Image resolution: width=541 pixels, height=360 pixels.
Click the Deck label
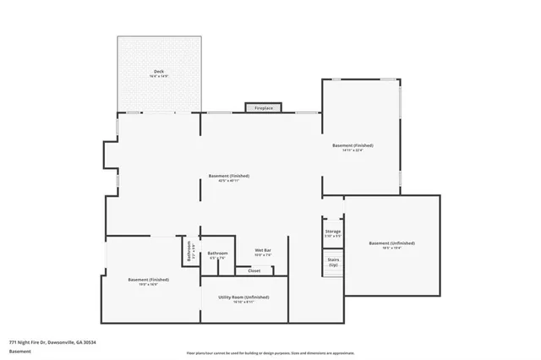pyautogui.click(x=158, y=71)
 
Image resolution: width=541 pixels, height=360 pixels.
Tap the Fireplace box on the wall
pyautogui.click(x=264, y=108)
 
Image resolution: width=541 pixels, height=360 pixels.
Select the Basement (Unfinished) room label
pyautogui.click(x=391, y=243)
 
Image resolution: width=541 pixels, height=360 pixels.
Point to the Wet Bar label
pyautogui.click(x=262, y=250)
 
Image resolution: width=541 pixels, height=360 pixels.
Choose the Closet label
pyautogui.click(x=254, y=270)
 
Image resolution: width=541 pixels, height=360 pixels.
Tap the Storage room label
pyautogui.click(x=333, y=231)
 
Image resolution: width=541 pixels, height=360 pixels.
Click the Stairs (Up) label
pyautogui.click(x=333, y=263)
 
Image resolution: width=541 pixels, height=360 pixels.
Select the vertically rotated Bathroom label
pyautogui.click(x=189, y=251)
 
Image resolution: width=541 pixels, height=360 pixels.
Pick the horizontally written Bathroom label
pyautogui.click(x=218, y=253)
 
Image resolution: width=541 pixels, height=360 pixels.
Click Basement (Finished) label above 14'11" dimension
pyautogui.click(x=352, y=145)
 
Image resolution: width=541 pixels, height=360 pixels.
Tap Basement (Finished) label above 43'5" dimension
pyautogui.click(x=229, y=176)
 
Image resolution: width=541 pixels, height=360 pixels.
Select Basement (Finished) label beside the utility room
pyautogui.click(x=149, y=279)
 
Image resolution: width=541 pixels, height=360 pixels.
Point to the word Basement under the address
pyautogui.click(x=20, y=351)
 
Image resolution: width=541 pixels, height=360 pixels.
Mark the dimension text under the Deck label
pyautogui.click(x=158, y=77)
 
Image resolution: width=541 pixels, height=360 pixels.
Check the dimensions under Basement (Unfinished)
pyautogui.click(x=391, y=248)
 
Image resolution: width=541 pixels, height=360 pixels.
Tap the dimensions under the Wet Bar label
pyautogui.click(x=262, y=255)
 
